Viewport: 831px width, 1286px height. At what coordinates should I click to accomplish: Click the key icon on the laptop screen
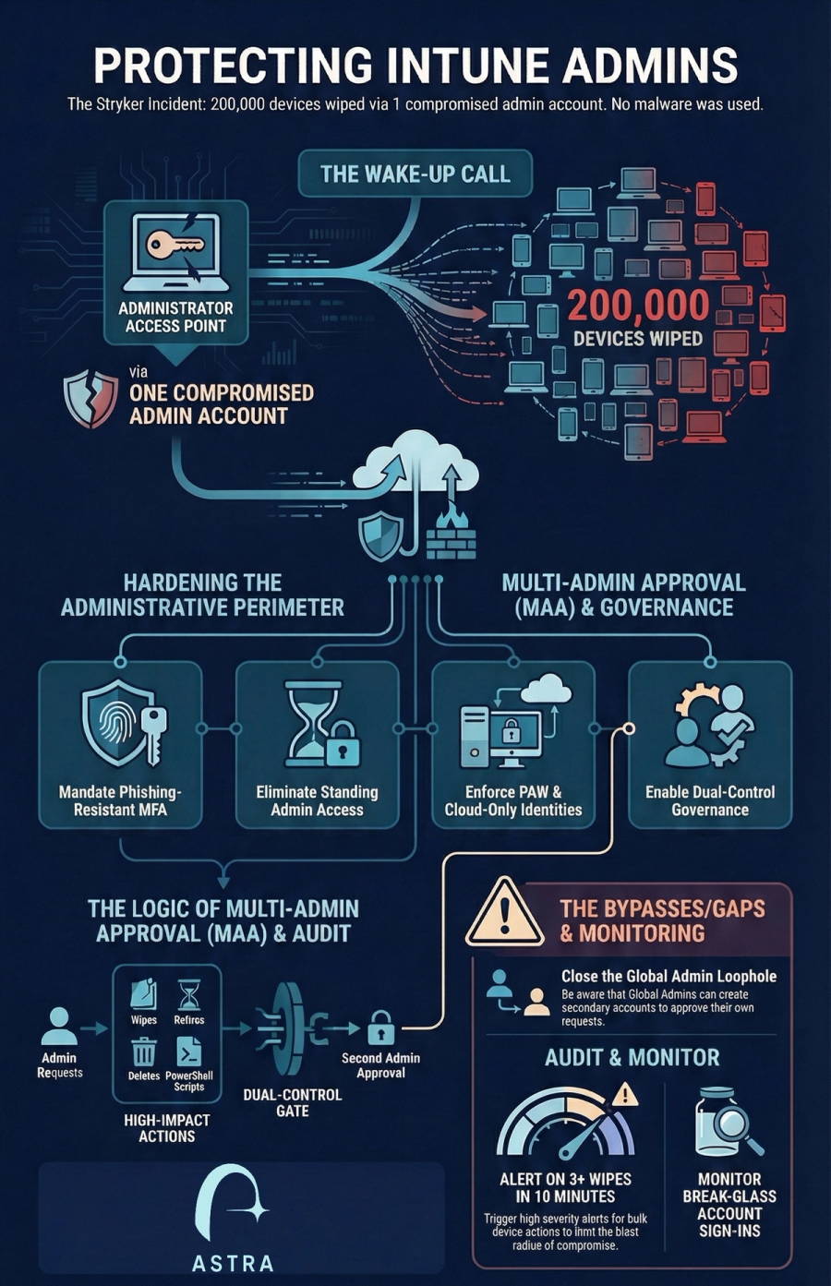175,245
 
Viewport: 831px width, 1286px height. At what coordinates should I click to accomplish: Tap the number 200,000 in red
638,306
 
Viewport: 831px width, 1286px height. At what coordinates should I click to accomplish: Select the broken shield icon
90,397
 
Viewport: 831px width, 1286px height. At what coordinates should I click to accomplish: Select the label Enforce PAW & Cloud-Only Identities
513,800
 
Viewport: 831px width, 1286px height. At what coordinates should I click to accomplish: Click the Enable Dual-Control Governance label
710,800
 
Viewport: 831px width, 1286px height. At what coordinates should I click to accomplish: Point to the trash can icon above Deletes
144,1052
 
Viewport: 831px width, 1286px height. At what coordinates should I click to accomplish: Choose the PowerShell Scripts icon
188,1052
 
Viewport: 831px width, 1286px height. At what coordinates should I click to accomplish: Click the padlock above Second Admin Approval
380,1028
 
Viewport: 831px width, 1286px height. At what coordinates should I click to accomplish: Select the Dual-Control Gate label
292,1102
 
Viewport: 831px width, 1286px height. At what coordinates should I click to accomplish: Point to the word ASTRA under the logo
232,1263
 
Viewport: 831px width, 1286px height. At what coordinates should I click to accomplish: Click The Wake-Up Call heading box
415,174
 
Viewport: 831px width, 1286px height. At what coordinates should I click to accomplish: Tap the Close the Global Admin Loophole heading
668,976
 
